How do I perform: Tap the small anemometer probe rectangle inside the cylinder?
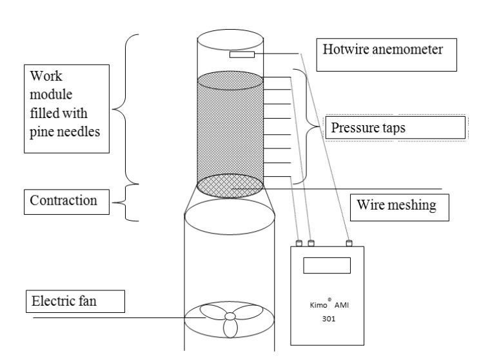[242, 55]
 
